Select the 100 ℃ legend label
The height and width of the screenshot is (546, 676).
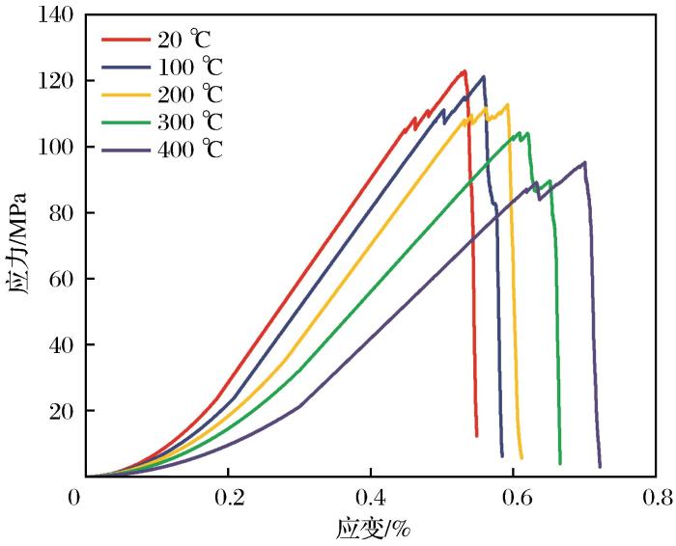[x=188, y=68]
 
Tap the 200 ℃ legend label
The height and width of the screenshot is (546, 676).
[x=188, y=95]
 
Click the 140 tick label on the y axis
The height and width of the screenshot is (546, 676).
[x=54, y=16]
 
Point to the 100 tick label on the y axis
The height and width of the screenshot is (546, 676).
[x=54, y=148]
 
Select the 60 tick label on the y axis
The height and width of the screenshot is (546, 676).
[x=60, y=280]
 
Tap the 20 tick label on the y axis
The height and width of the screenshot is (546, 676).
[x=60, y=412]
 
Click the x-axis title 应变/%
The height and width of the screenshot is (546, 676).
[x=371, y=529]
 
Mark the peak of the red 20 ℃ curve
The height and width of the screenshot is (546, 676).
[x=465, y=71]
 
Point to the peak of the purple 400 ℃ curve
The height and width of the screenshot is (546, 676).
[x=584, y=162]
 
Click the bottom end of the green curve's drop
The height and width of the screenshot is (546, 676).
[x=560, y=463]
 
